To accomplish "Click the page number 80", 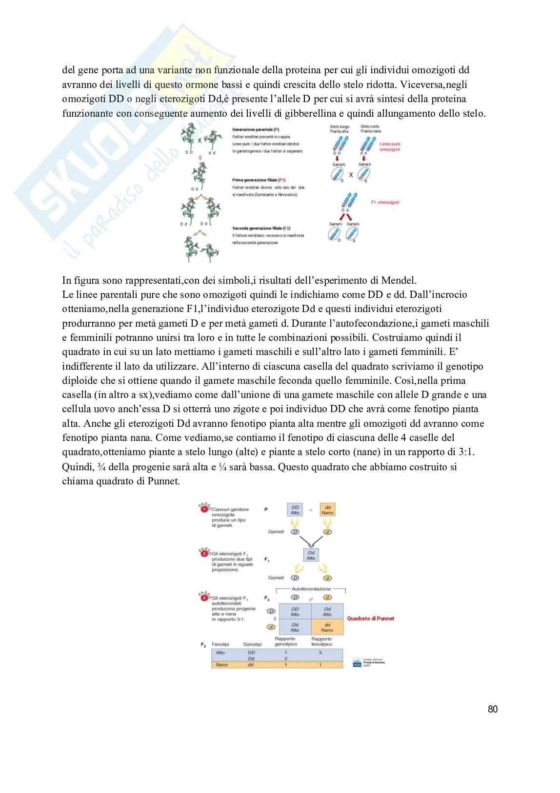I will (493, 709).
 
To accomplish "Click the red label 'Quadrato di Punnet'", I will (370, 618).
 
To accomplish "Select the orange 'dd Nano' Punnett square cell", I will (327, 627).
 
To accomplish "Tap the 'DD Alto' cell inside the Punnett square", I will (295, 611).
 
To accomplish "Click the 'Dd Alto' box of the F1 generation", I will (311, 555).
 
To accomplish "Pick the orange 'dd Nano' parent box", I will (328, 510).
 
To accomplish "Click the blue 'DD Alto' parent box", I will (295, 510).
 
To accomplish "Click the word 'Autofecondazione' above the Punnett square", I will (311, 589).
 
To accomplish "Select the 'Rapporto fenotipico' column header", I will (321, 641).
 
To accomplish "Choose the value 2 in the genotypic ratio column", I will (286, 659).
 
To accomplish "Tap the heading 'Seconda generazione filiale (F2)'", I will (261, 228).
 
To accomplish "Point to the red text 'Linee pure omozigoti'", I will (390, 146).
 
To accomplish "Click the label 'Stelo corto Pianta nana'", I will (370, 129).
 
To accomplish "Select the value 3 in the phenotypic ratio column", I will (320, 652).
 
